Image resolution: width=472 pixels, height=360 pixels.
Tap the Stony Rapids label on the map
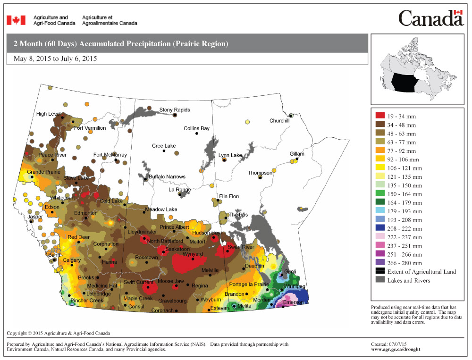pyautogui.click(x=175, y=110)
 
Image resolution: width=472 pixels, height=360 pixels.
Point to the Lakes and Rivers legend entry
pyautogui.click(x=409, y=280)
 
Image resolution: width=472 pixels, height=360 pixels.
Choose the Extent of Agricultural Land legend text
pyautogui.click(x=421, y=272)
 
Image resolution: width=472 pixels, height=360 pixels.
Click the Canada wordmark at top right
pyautogui.click(x=431, y=19)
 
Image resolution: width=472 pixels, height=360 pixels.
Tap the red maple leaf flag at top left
pyautogui.click(x=16, y=20)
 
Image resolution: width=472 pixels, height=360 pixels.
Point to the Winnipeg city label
pyautogui.click(x=295, y=287)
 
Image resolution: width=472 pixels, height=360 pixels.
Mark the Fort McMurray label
pyautogui.click(x=110, y=155)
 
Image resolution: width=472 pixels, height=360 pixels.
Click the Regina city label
pyautogui.click(x=200, y=286)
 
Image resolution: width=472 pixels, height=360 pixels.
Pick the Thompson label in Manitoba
pyautogui.click(x=260, y=173)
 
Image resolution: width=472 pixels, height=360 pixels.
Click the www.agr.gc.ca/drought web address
pyautogui.click(x=396, y=349)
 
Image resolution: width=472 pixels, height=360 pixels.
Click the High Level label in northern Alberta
pyautogui.click(x=49, y=114)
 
